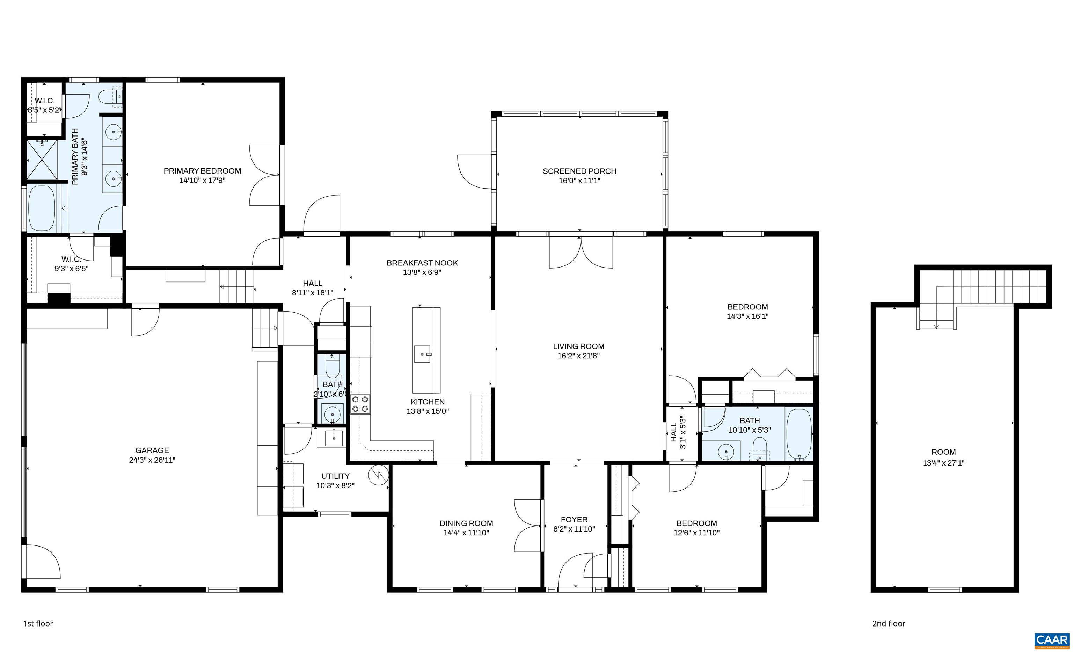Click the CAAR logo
1052,640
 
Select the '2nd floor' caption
888,623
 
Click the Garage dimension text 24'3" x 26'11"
152,460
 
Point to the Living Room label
578,346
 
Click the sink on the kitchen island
422,354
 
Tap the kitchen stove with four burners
360,404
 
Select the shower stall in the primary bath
42,159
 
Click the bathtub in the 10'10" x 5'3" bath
800,434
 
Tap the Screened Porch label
579,171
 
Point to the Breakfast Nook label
422,263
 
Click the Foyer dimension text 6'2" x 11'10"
574,529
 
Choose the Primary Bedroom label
202,171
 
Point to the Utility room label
335,476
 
